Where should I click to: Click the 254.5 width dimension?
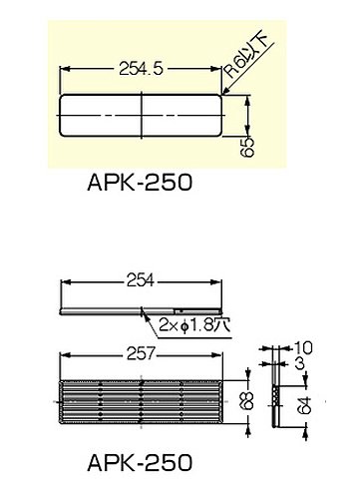pos(142,69)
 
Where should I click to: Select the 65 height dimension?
pos(249,147)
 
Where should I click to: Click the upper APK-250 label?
pos(140,183)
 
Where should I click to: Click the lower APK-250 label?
pos(140,462)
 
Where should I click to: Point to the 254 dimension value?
pos(141,281)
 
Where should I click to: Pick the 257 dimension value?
pos(141,354)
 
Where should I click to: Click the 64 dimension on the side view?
pos(305,405)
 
